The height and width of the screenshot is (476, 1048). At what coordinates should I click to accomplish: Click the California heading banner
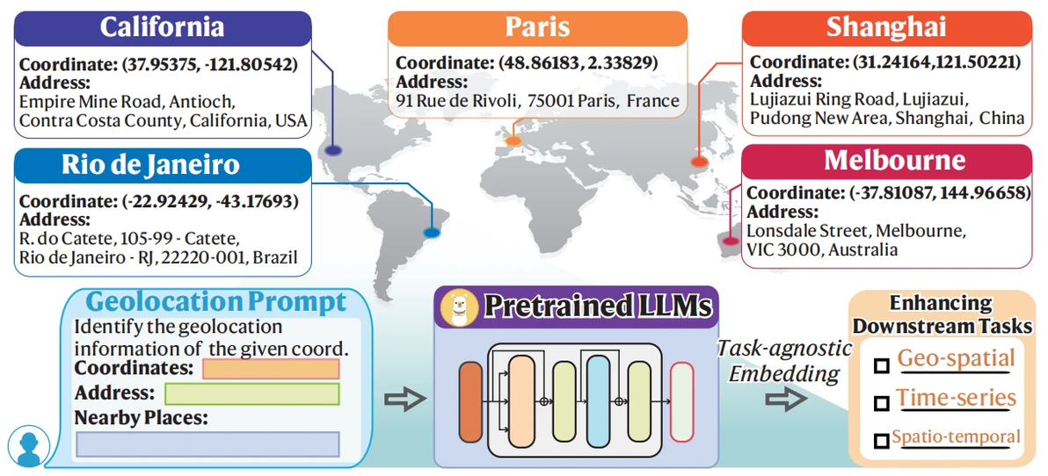[x=162, y=27]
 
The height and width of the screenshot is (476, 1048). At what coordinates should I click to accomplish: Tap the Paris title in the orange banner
[x=537, y=27]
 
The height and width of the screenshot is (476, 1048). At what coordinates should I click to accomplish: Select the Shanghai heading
[x=886, y=27]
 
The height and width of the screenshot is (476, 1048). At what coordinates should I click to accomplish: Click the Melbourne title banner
[x=886, y=161]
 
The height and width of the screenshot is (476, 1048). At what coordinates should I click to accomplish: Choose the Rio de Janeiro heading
[x=162, y=165]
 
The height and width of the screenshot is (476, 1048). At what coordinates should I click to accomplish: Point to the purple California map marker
[x=333, y=150]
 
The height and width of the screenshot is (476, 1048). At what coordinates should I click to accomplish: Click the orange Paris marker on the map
[x=513, y=141]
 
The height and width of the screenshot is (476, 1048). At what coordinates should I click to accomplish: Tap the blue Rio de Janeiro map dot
[x=431, y=233]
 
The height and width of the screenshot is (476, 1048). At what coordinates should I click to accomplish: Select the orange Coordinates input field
[x=271, y=369]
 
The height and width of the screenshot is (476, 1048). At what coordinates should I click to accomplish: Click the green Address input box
[x=251, y=393]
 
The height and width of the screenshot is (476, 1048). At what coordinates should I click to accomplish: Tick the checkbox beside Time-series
[x=881, y=403]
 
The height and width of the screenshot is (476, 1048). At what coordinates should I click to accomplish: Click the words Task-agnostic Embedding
[x=784, y=360]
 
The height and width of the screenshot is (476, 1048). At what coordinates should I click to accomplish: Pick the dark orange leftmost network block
[x=470, y=400]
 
